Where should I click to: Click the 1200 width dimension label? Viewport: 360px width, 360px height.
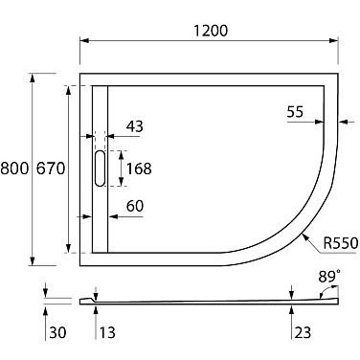(211, 31)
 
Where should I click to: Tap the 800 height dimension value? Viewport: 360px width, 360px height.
(14, 169)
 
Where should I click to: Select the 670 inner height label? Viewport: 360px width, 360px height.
(51, 169)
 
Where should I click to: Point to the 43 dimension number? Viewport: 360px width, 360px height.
(135, 126)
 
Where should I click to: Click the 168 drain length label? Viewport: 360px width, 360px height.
(139, 169)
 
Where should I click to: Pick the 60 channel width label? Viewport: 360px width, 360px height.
(135, 206)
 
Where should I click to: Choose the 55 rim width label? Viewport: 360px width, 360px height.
(295, 112)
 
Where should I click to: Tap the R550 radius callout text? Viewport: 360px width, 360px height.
(341, 243)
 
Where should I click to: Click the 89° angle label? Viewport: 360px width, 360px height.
(329, 277)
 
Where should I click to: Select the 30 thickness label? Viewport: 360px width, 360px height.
(57, 332)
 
